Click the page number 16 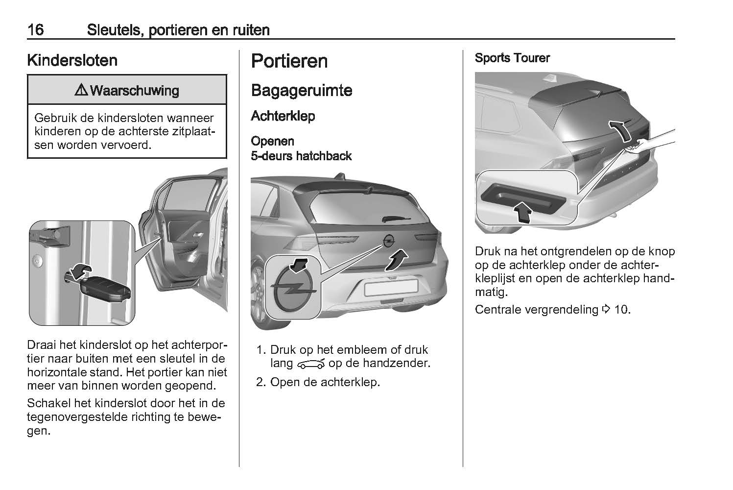[x=36, y=30]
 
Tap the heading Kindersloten [x=72, y=60]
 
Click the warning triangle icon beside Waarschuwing [x=81, y=90]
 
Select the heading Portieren [x=289, y=61]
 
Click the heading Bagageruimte [x=302, y=90]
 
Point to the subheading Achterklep [x=283, y=116]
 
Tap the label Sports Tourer [x=513, y=58]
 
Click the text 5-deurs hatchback [x=302, y=156]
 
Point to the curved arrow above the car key [x=78, y=271]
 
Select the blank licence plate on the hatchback [x=391, y=288]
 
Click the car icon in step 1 [x=311, y=364]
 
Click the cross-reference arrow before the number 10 [x=606, y=309]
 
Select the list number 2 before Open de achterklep [x=261, y=382]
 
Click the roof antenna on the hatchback [x=340, y=176]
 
